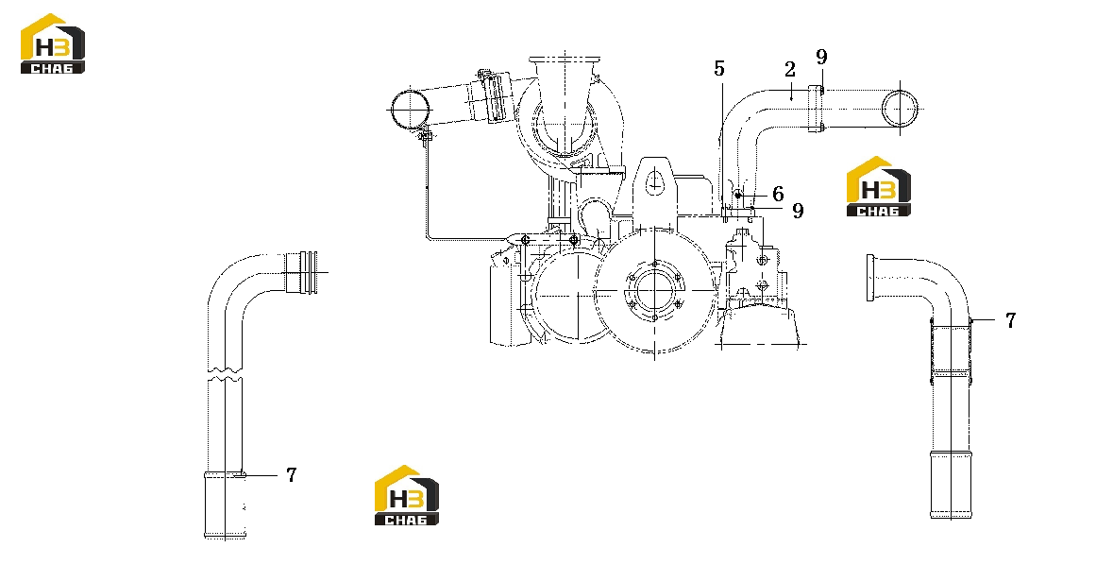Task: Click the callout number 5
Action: pyautogui.click(x=719, y=69)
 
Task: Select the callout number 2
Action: pyautogui.click(x=790, y=69)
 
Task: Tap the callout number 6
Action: pyautogui.click(x=777, y=194)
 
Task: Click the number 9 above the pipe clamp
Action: pyautogui.click(x=821, y=57)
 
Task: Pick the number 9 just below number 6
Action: pyautogui.click(x=798, y=211)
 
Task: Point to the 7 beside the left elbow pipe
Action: pyautogui.click(x=292, y=475)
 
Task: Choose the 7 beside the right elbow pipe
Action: pyautogui.click(x=1010, y=319)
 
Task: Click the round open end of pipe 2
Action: pyautogui.click(x=900, y=110)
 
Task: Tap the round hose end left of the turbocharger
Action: pyautogui.click(x=410, y=110)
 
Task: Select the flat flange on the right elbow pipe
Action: pyautogui.click(x=869, y=279)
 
